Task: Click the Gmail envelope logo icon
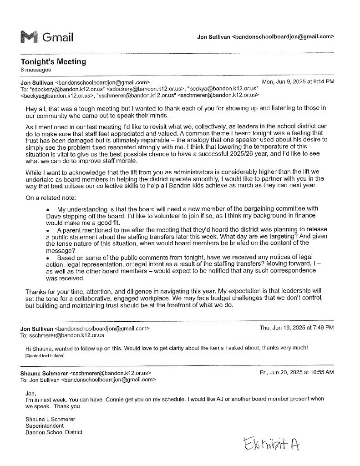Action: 29,37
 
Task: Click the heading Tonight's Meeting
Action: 53,62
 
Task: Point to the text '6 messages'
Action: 35,70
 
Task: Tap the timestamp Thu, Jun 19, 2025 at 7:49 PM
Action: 296,328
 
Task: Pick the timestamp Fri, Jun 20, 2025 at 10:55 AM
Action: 296,372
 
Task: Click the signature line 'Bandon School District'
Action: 54,433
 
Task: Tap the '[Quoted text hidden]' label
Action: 45,356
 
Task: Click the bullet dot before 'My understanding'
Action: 48,209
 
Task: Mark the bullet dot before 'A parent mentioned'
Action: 48,231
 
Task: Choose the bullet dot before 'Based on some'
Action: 48,258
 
